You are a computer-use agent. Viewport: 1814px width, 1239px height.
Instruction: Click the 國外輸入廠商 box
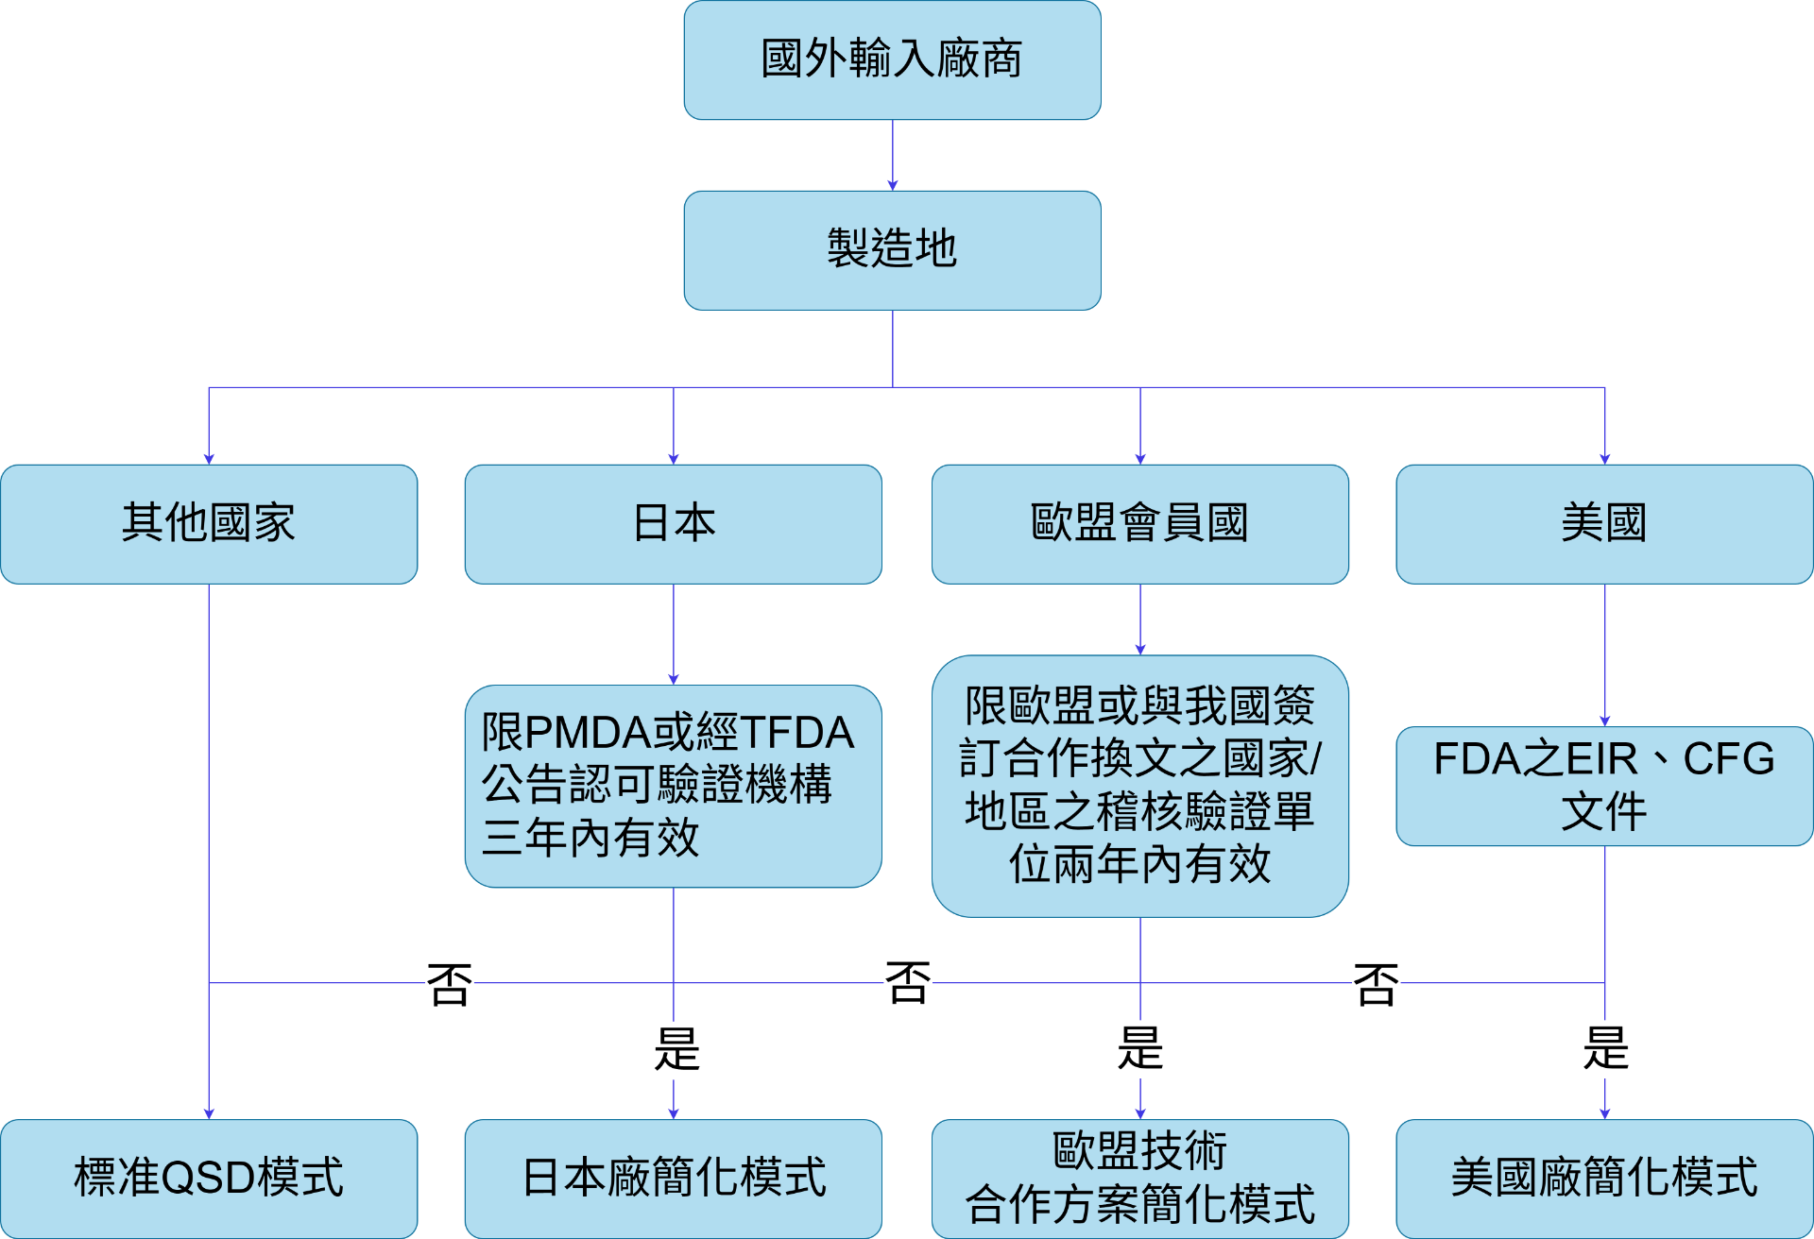[892, 59]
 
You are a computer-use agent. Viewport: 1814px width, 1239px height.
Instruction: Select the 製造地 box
[892, 250]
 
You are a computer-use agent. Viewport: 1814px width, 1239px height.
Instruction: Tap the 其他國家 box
[209, 524]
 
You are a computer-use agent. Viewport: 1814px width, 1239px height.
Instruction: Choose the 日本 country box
[673, 524]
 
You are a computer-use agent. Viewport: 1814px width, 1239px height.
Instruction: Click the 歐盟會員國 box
[1139, 524]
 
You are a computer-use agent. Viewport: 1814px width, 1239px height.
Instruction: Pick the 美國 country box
[1604, 524]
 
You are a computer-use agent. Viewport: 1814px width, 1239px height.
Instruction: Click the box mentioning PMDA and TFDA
[673, 786]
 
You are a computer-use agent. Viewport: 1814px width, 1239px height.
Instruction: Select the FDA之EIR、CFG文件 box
[1604, 786]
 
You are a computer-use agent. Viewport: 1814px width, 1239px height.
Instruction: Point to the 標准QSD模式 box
[209, 1179]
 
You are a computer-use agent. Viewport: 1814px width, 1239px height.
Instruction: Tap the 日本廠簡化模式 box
[673, 1179]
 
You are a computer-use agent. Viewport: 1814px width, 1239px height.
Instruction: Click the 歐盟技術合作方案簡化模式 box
[1139, 1179]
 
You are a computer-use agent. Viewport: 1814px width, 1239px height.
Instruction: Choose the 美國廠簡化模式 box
[1604, 1179]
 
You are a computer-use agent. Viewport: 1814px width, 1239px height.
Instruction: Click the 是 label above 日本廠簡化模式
[676, 1049]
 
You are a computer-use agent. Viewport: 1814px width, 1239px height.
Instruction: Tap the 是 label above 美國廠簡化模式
[1606, 1048]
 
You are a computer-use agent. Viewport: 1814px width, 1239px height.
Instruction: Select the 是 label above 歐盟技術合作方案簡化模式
[1139, 1048]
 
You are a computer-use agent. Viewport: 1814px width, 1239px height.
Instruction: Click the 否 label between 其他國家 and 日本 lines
[449, 986]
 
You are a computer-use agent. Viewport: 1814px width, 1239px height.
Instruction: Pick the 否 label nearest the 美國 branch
[1376, 986]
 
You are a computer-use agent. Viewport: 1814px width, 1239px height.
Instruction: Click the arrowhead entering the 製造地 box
[892, 185]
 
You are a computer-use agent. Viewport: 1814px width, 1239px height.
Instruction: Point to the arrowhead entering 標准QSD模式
[209, 1114]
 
